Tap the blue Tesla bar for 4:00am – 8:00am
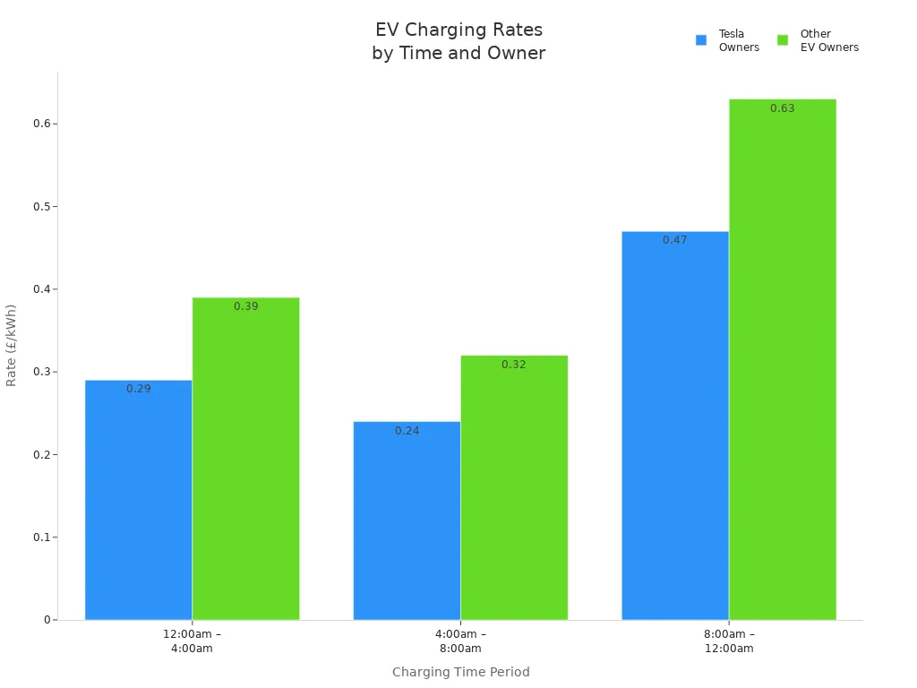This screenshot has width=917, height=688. pos(407,520)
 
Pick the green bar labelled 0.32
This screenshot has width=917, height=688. pos(514,487)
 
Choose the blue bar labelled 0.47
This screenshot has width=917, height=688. pos(674,426)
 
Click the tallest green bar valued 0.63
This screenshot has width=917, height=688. pos(782,359)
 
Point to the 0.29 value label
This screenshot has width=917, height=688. pos(139,390)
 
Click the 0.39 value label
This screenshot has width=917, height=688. pos(246,306)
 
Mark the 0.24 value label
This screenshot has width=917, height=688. pos(407,431)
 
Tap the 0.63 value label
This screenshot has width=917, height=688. pos(783,108)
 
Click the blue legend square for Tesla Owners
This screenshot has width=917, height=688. pos(701,40)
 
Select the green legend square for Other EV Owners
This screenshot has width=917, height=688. pos(783,40)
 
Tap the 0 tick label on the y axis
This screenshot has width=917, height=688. pos(47,620)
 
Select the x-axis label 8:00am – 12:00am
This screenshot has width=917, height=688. pos(729,641)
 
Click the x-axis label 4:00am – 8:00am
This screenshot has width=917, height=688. pos(461,641)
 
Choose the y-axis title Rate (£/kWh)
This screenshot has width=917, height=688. pos(12,345)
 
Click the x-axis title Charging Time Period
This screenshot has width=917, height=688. pos(461,672)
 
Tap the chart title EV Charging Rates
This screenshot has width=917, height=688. pos(458,30)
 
